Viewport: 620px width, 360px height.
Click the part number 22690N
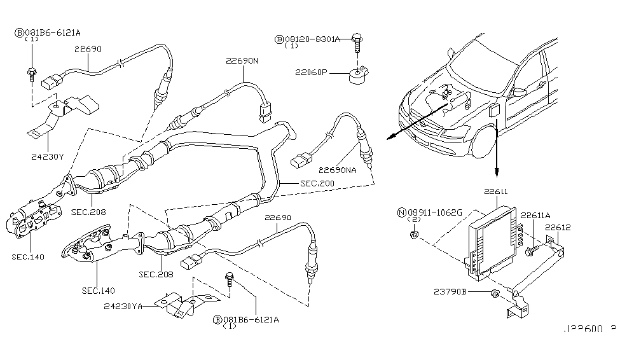[x=242, y=62]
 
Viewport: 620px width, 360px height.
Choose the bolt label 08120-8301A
[x=312, y=39]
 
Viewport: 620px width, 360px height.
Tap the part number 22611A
[x=536, y=216]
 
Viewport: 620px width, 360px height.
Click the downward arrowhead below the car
[x=497, y=172]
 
